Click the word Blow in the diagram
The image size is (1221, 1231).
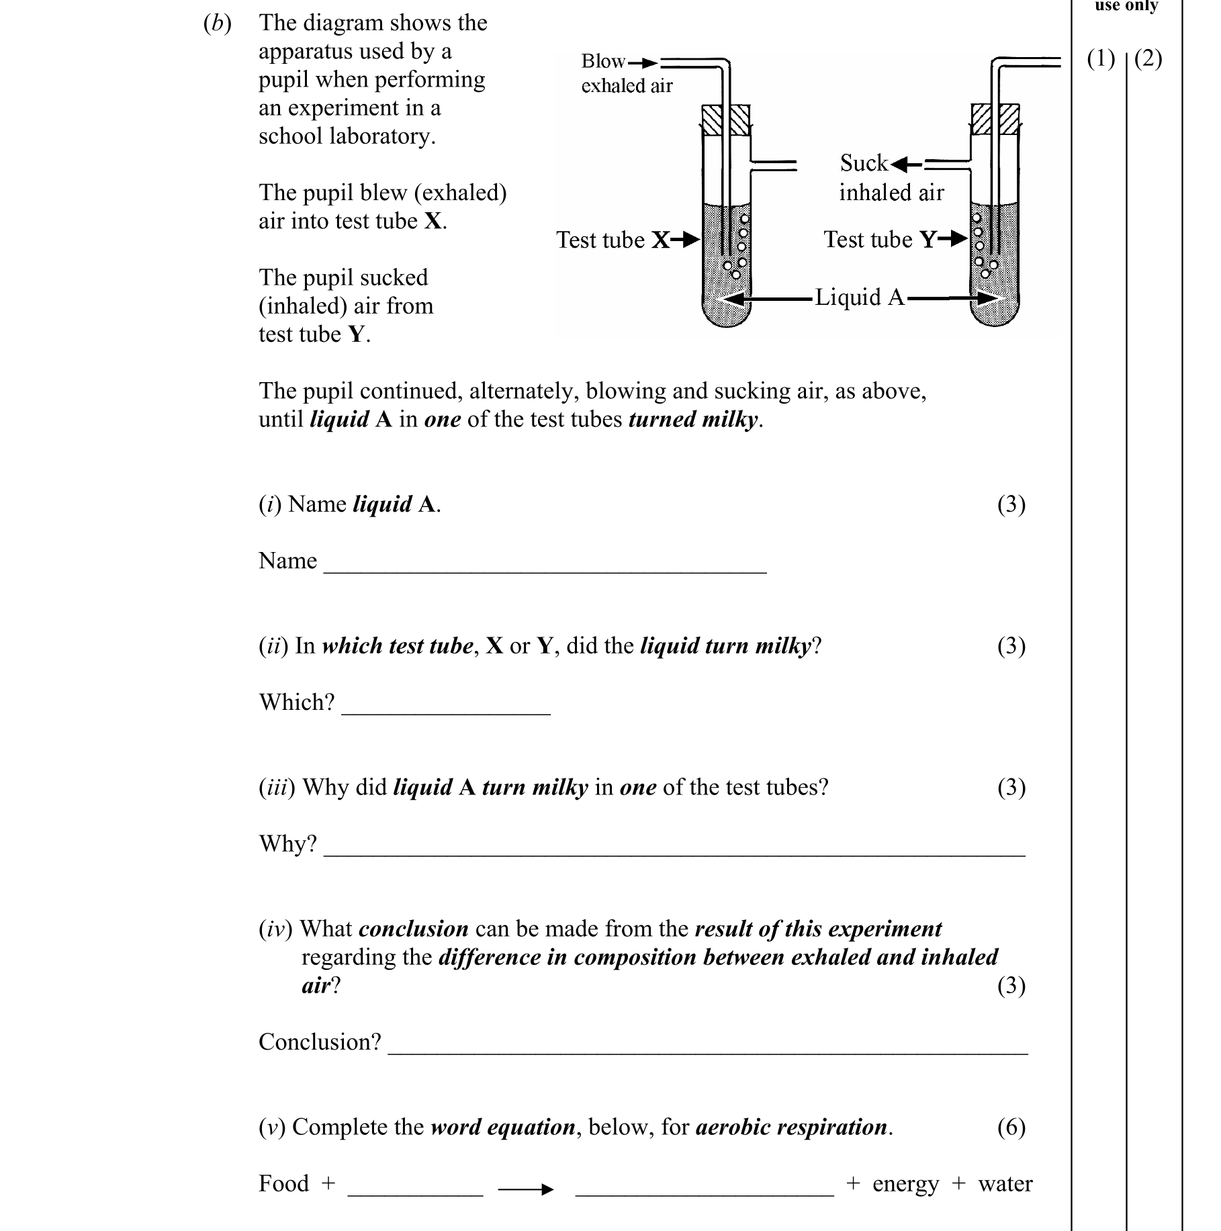pyautogui.click(x=602, y=61)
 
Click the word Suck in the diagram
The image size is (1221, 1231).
pyautogui.click(x=863, y=163)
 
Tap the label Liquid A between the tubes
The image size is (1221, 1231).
pyautogui.click(x=859, y=298)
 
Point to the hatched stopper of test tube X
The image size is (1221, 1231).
pyautogui.click(x=725, y=120)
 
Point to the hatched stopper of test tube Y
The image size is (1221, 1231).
pyautogui.click(x=995, y=120)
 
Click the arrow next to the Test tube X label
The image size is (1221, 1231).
pyautogui.click(x=686, y=240)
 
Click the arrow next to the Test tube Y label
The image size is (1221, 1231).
pyautogui.click(x=953, y=239)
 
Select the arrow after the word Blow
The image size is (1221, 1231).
pyautogui.click(x=643, y=63)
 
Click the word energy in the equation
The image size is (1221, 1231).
pyautogui.click(x=905, y=1185)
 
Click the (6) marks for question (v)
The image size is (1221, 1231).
pyautogui.click(x=1011, y=1127)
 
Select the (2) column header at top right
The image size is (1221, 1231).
pyautogui.click(x=1148, y=59)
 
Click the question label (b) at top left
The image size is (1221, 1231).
pyautogui.click(x=217, y=24)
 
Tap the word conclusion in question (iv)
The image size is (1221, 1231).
pyautogui.click(x=413, y=929)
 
